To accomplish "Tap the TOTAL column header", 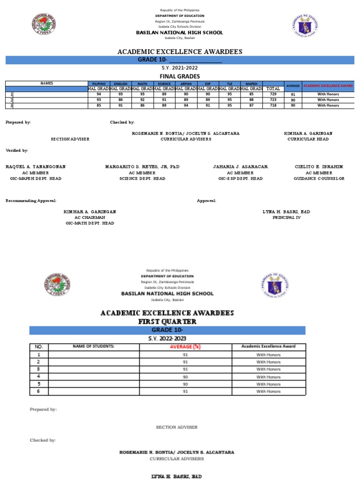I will click(x=273, y=88).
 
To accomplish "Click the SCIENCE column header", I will click(x=164, y=83).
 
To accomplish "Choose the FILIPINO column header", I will click(x=98, y=83).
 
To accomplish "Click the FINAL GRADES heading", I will click(x=180, y=76).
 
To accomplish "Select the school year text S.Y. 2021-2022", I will click(x=180, y=68).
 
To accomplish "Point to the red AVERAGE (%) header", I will click(x=185, y=346).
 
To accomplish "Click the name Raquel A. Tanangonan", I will click(x=36, y=166).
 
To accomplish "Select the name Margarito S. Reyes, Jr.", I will click(x=142, y=166).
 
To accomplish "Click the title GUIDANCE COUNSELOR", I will click(x=319, y=179).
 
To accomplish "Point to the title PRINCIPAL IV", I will click(x=286, y=217).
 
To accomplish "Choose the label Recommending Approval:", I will click(x=31, y=201).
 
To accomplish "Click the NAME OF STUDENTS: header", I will click(x=94, y=346).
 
